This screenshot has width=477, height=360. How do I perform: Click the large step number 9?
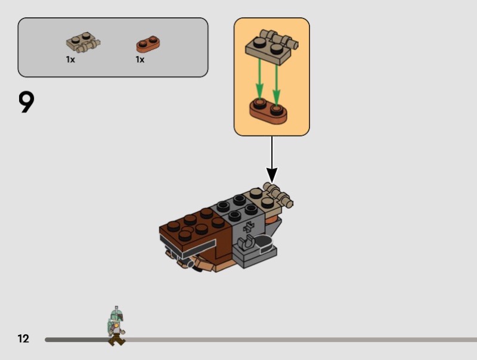coord(27,103)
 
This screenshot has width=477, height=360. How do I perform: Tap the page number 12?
coord(23,339)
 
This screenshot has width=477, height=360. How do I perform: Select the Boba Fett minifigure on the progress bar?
coord(116,326)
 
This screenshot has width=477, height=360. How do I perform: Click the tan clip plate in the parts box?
coord(82,43)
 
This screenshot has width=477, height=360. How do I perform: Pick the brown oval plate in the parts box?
coord(148,44)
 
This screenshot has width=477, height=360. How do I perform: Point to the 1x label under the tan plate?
coord(70,60)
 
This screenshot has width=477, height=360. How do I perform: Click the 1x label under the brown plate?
coord(140,60)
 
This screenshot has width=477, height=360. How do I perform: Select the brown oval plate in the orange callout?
coord(268,110)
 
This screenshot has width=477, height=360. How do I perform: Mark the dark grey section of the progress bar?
coord(75,340)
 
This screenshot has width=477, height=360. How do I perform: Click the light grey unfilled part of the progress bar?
coord(298,340)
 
